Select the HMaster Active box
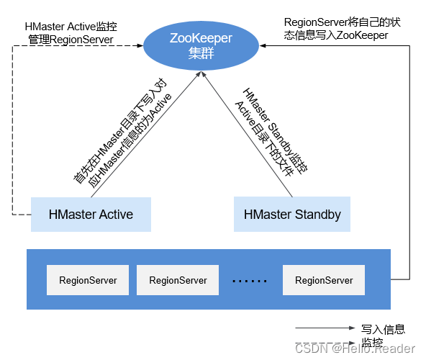coord(91,215)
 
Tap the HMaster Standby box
coord(292,215)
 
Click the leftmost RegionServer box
coord(88,280)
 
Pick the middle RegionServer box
coord(178,280)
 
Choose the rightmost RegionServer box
coord(324,280)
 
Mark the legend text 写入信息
coord(383,329)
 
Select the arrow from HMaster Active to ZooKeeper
coord(144,137)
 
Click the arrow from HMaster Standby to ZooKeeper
coord(248,137)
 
